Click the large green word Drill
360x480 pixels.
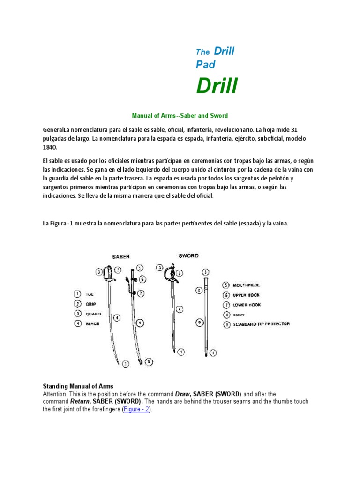pyautogui.click(x=217, y=86)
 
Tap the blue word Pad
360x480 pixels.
pyautogui.click(x=205, y=65)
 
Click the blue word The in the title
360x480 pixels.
pyautogui.click(x=202, y=52)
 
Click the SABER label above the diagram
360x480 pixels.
pyautogui.click(x=120, y=256)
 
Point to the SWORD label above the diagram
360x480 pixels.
pyautogui.click(x=188, y=256)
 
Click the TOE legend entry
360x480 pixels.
pyautogui.click(x=90, y=294)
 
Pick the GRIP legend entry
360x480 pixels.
pyautogui.click(x=90, y=304)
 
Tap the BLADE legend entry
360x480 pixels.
pyautogui.click(x=92, y=324)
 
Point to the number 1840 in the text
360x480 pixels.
pyautogui.click(x=49, y=148)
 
